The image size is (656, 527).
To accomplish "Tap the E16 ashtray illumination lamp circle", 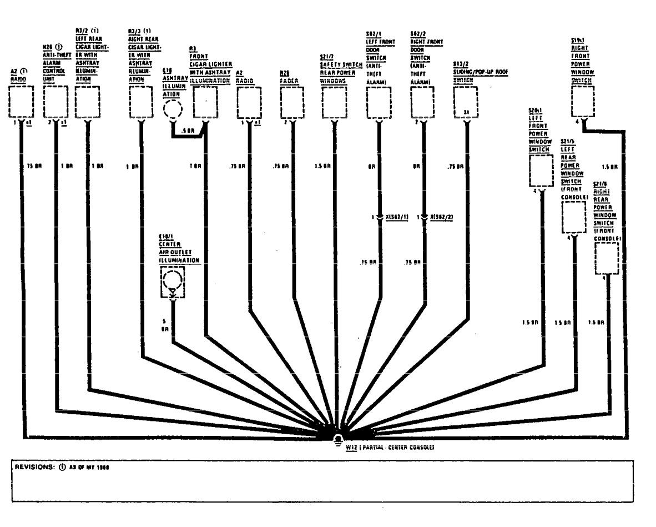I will click(172, 108).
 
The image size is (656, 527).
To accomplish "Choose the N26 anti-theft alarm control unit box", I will click(55, 102).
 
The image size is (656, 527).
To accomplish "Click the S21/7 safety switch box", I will click(334, 102).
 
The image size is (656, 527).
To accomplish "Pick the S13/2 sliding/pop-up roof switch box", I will click(466, 102).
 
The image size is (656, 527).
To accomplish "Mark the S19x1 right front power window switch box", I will click(583, 101).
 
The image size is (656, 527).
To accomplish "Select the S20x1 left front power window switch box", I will click(541, 171).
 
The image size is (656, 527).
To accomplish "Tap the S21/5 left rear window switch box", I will click(573, 217).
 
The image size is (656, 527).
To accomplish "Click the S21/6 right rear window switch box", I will click(607, 258).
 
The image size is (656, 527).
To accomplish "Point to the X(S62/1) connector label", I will click(397, 217).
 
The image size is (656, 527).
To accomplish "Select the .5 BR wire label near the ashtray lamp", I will click(188, 132).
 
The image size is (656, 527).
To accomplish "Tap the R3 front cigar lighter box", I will click(204, 102).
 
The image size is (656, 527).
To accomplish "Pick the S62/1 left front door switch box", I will click(379, 102).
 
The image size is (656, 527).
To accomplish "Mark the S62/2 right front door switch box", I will click(423, 102).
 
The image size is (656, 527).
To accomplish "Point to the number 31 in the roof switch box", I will click(466, 113).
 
